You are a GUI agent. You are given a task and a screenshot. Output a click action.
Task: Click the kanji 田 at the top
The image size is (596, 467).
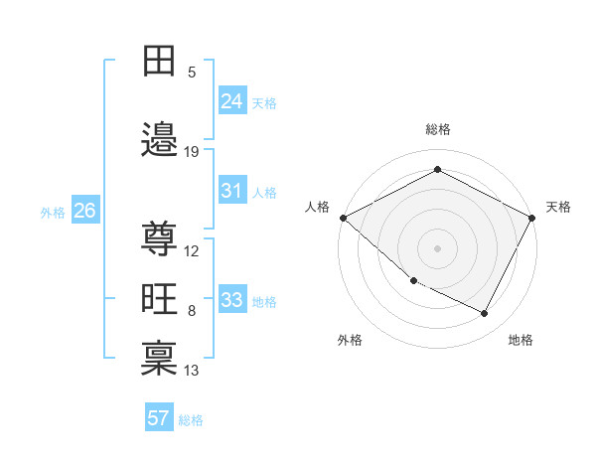pos(159,62)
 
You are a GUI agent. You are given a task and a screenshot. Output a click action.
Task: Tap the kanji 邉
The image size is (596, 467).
pos(159,140)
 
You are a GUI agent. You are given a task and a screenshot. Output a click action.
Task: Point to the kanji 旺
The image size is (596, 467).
pos(159,299)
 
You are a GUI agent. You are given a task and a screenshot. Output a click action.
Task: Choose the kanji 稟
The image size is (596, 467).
pos(159,358)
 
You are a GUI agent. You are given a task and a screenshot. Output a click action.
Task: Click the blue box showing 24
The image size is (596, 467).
pos(232,100)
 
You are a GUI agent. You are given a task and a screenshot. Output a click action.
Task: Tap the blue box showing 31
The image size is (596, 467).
pos(232,191)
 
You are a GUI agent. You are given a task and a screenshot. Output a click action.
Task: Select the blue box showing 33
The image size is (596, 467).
pos(232,300)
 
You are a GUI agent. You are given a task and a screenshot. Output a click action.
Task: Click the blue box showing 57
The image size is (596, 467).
pos(159,418)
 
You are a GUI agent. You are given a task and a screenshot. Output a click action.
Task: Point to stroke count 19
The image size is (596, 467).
pos(192,152)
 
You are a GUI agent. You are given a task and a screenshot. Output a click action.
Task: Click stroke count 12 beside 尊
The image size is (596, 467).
pos(192,251)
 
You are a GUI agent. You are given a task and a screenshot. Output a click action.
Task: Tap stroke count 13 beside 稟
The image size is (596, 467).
pos(192,371)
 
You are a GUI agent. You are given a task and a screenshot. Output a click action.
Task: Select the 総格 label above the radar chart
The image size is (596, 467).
pos(437,129)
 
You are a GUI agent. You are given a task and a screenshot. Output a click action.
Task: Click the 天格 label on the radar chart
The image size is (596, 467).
pos(558,207)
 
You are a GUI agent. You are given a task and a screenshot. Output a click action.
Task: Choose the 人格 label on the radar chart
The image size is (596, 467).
pos(318,207)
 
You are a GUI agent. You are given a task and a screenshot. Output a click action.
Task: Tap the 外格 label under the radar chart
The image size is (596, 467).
pos(350,340)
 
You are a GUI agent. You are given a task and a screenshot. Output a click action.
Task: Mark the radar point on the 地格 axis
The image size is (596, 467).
pos(485,314)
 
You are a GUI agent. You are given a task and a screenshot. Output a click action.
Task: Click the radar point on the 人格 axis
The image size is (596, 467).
pos(343,218)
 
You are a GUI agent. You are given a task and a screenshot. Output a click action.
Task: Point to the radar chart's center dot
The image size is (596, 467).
pos(437,248)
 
